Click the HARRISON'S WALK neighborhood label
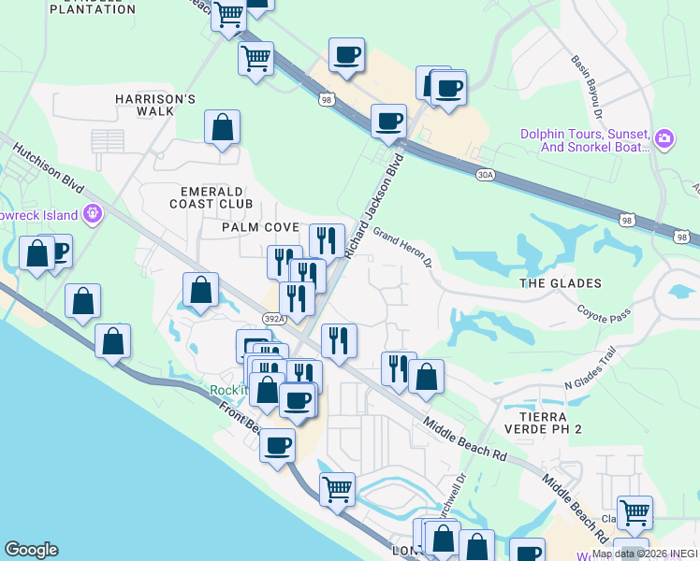[x=154, y=105]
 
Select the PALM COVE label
[x=260, y=227]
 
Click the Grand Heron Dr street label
[x=401, y=246]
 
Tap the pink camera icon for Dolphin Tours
[x=664, y=139]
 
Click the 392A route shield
[x=270, y=319]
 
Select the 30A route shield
[x=484, y=174]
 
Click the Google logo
[x=31, y=550]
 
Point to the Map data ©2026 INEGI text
[x=645, y=554]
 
